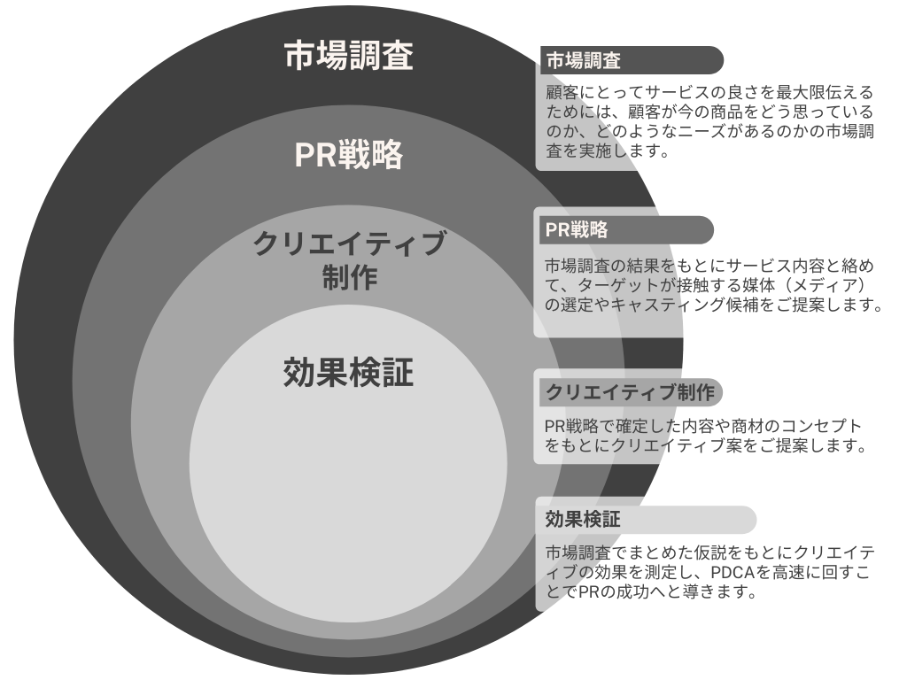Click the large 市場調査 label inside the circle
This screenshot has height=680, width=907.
(348, 57)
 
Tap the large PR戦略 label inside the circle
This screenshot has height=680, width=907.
(348, 156)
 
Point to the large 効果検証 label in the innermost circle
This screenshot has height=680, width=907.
(348, 373)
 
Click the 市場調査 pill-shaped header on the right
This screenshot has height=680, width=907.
(631, 60)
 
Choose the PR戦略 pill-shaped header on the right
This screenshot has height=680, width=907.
(625, 230)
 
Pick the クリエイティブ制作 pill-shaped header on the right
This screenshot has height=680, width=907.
(631, 391)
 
